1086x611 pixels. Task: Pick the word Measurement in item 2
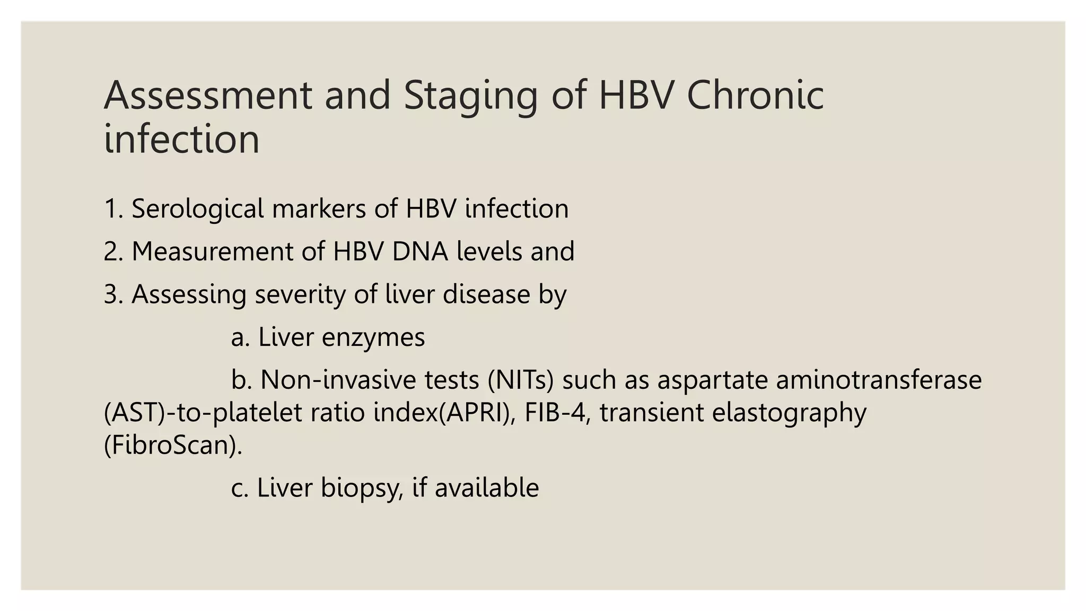pyautogui.click(x=212, y=251)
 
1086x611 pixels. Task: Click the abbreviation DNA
pyautogui.click(x=420, y=251)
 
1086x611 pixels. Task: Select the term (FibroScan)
pyautogui.click(x=173, y=445)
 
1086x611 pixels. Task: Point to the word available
pyautogui.click(x=486, y=488)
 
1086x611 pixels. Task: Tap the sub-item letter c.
pyautogui.click(x=240, y=488)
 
